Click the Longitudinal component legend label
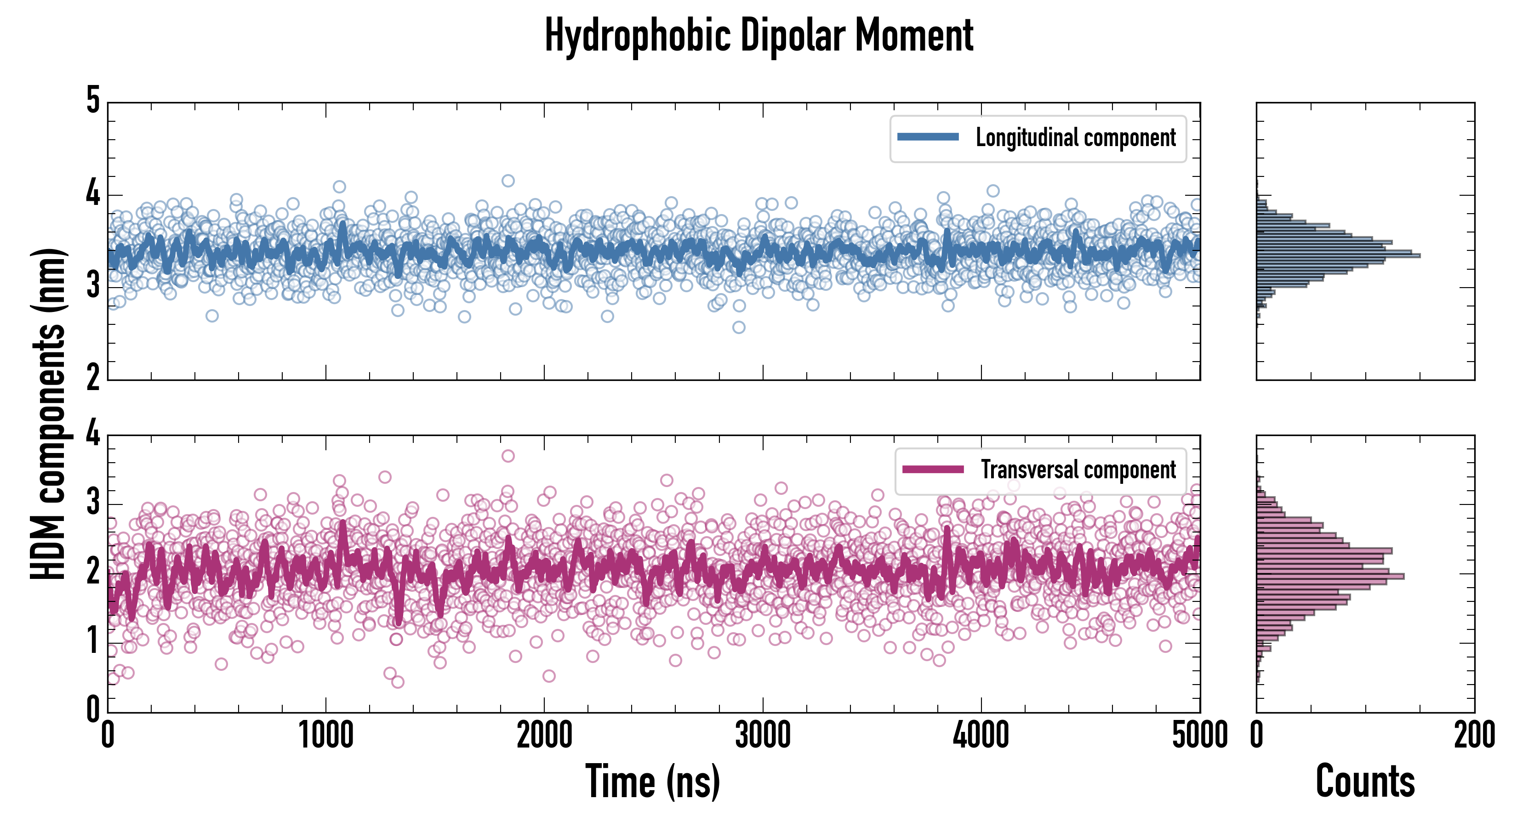1075,138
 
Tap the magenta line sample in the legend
933,470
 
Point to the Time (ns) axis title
652,782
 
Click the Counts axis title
1365,782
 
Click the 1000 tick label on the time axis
325,736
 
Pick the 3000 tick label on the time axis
763,736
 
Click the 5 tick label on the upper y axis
93,101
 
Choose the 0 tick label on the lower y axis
93,709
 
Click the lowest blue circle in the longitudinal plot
738,327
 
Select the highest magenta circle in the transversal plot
508,456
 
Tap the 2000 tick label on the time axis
544,736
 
